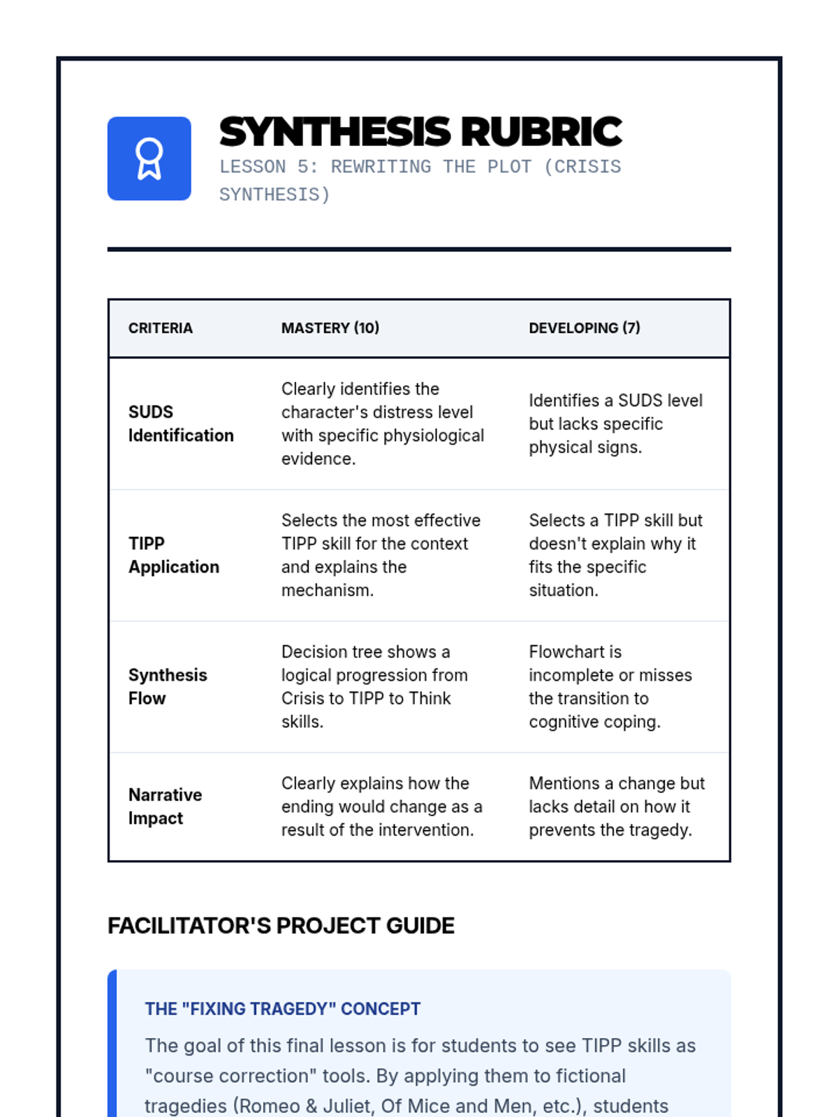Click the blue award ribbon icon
(x=149, y=158)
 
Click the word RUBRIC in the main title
(x=541, y=132)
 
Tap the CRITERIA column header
(x=160, y=328)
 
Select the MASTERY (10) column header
(x=330, y=328)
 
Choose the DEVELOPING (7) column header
(x=584, y=328)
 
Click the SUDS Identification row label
(x=180, y=424)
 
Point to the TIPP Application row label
(x=173, y=555)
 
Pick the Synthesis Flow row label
(x=168, y=687)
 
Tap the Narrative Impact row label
(x=165, y=806)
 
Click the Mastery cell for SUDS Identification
(x=382, y=424)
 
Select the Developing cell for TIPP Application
(x=615, y=555)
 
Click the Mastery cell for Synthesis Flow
(x=374, y=687)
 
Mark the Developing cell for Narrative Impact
(x=616, y=806)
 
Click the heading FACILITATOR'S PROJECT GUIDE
(x=281, y=926)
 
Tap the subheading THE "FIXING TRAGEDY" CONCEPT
(x=282, y=1009)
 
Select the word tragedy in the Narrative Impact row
(x=659, y=830)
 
